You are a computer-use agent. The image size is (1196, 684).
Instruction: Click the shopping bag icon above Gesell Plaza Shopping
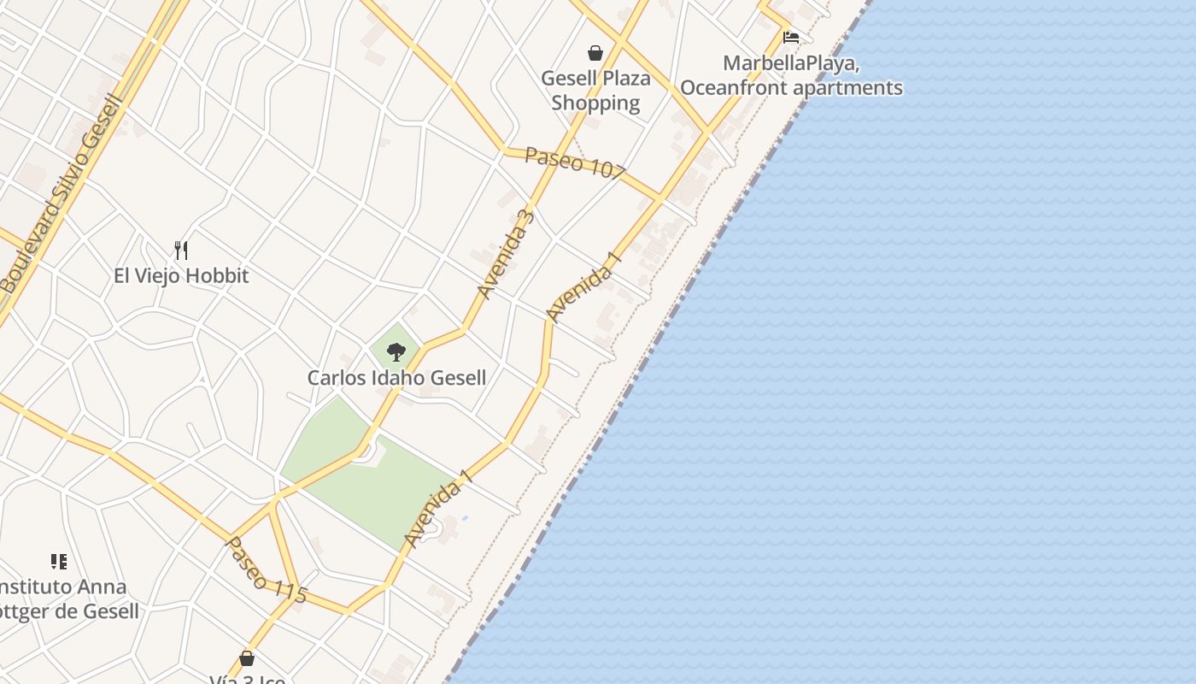(595, 53)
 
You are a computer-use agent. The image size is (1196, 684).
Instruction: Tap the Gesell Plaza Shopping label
(595, 91)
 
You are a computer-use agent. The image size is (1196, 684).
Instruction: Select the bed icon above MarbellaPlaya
(791, 38)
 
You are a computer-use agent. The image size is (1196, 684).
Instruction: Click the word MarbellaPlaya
(790, 63)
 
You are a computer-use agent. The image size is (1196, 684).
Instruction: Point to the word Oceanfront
(734, 88)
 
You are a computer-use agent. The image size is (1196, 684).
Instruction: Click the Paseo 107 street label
(575, 162)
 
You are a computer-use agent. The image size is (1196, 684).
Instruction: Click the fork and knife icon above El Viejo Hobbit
(180, 250)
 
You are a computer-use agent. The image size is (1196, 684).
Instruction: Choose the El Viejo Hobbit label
(181, 275)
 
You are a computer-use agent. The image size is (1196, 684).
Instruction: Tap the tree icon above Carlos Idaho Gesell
(396, 351)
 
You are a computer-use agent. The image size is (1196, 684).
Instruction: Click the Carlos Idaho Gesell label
(396, 378)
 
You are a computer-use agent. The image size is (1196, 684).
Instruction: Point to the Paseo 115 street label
(265, 571)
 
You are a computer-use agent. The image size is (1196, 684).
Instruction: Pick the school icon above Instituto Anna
(58, 562)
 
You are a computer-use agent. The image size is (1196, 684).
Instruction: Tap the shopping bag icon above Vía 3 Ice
(247, 658)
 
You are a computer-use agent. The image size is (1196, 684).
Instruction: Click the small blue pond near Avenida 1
(464, 518)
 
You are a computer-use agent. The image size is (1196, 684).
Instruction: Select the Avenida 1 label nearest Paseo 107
(582, 292)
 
